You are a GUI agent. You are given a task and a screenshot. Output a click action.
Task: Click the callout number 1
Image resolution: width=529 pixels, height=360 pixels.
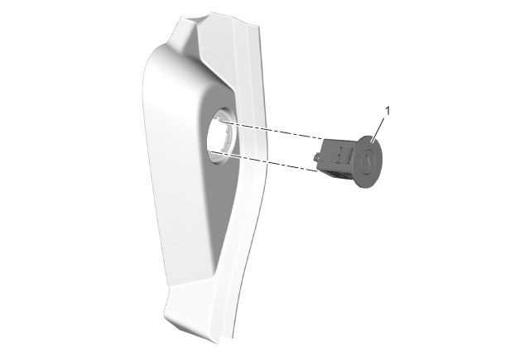[387, 111]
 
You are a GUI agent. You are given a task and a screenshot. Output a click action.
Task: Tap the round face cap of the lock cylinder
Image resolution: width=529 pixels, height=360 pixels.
[370, 161]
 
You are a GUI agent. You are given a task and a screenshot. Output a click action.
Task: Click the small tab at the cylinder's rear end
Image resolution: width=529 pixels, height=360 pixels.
[316, 157]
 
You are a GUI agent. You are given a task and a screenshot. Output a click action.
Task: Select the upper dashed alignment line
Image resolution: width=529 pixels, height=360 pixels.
[271, 131]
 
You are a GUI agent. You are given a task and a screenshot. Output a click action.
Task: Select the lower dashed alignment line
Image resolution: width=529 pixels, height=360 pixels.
[266, 161]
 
